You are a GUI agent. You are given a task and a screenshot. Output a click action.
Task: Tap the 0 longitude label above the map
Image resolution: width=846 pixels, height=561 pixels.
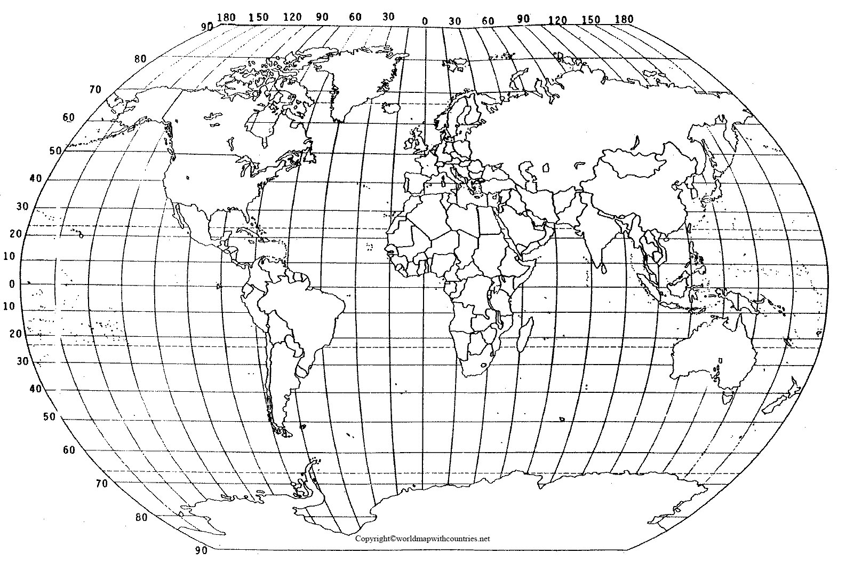point(425,21)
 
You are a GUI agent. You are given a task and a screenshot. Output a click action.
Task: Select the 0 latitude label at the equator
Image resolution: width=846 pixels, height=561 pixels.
point(12,284)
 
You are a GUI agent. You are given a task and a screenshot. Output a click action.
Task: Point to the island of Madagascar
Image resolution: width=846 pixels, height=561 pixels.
point(525,334)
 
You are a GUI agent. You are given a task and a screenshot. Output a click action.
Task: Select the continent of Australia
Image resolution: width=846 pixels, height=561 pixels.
point(715,352)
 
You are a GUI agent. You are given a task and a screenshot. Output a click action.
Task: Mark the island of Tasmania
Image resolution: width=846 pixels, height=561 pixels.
point(727,397)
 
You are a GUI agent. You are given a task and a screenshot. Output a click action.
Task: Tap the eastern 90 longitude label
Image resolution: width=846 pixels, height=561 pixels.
point(523,19)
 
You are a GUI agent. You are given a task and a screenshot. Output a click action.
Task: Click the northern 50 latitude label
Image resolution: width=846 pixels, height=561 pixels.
point(55,151)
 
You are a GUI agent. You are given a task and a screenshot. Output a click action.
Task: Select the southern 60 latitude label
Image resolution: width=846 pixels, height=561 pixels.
point(68,450)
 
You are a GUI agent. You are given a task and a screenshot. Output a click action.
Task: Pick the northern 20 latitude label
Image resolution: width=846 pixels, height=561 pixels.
point(16,233)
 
